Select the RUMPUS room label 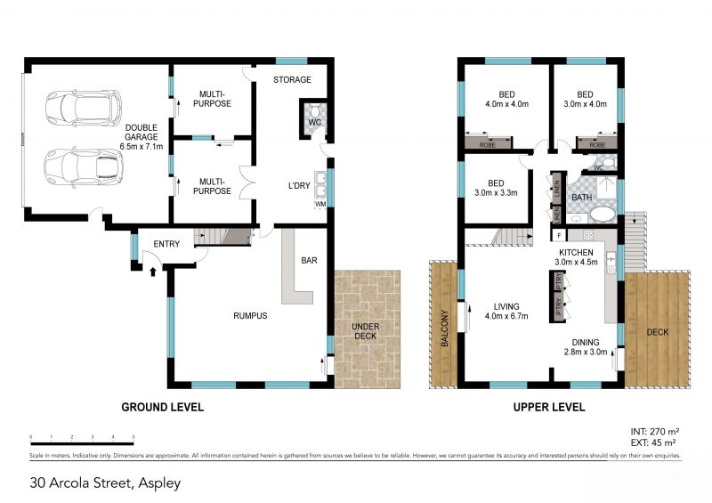coord(250,316)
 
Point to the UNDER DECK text coord(366,332)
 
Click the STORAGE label coord(292,80)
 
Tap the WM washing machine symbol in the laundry coord(320,205)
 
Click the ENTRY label coord(166,245)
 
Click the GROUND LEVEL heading coord(162,408)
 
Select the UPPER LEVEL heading coord(549,408)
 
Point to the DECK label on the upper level coord(657,332)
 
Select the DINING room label coord(587,342)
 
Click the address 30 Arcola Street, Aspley coord(105,483)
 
